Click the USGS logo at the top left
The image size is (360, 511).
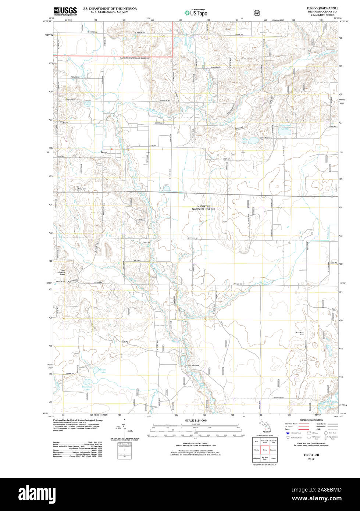(65, 11)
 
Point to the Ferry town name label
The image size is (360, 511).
(104, 152)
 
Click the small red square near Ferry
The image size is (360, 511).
(111, 149)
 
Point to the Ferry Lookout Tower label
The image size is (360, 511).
(63, 272)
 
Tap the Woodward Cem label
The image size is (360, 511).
(300, 333)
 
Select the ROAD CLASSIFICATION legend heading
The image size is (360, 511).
(311, 420)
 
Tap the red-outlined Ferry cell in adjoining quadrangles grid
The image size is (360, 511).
(265, 450)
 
